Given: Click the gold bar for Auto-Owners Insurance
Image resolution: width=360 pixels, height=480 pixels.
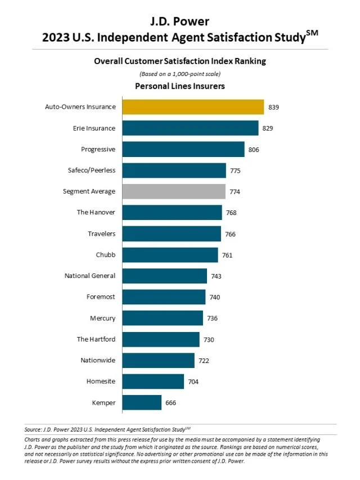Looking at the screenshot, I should pos(193,107).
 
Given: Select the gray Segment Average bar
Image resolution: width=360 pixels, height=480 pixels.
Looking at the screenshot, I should pos(174,191).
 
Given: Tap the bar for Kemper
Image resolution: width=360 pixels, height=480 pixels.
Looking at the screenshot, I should pos(142,402).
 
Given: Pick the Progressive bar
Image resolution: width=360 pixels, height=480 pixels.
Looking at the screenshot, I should pos(183,149).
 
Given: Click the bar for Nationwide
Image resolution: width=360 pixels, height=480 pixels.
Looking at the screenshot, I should pos(158,360).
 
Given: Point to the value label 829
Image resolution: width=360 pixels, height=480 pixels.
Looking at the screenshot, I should pos(268,128).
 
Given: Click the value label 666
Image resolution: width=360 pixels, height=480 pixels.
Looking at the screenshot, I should pos(171,403).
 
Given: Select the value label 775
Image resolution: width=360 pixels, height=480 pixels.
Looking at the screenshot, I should pos(235,171).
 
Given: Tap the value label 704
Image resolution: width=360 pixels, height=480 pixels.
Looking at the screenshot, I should pos(193,382).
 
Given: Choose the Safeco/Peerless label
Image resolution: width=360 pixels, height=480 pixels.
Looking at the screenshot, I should pos(91,171).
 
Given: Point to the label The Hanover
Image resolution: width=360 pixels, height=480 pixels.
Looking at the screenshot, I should pos(96,213).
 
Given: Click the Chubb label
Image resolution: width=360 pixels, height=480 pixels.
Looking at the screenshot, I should pos(106,255).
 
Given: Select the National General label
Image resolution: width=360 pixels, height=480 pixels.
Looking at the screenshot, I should pos(90,276).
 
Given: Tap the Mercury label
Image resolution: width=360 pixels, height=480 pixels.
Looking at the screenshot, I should pos(102,318).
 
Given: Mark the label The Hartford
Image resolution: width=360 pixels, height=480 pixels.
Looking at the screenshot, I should pos(96,339).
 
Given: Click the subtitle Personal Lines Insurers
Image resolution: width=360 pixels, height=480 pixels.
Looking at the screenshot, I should pos(180,86).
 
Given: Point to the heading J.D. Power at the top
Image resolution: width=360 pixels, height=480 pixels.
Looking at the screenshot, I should pos(180,21).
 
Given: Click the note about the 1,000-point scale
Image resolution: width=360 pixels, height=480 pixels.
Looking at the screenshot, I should pos(180,74).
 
